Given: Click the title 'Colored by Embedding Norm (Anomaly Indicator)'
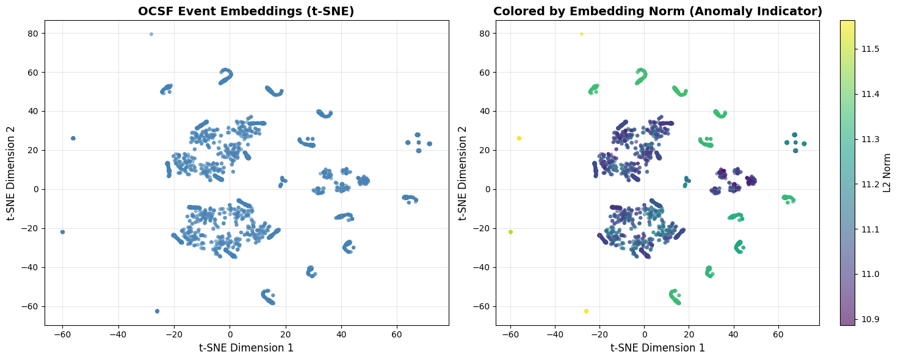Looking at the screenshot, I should coord(657,11).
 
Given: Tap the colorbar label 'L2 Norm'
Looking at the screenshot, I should coord(888,173).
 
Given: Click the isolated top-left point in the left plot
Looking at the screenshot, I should coord(151,34).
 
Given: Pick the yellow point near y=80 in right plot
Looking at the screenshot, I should coord(581,34).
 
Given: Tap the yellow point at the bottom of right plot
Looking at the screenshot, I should coord(586,311).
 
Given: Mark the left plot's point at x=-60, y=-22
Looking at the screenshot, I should coord(62,232).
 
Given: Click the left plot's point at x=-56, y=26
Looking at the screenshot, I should coord(73,138).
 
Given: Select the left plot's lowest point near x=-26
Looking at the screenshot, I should coord(157,311).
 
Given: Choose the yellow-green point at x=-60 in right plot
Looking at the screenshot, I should coord(510,232).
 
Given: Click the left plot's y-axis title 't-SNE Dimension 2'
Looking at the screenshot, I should coord(10,173).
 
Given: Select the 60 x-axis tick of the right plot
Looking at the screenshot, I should coord(778,334).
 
